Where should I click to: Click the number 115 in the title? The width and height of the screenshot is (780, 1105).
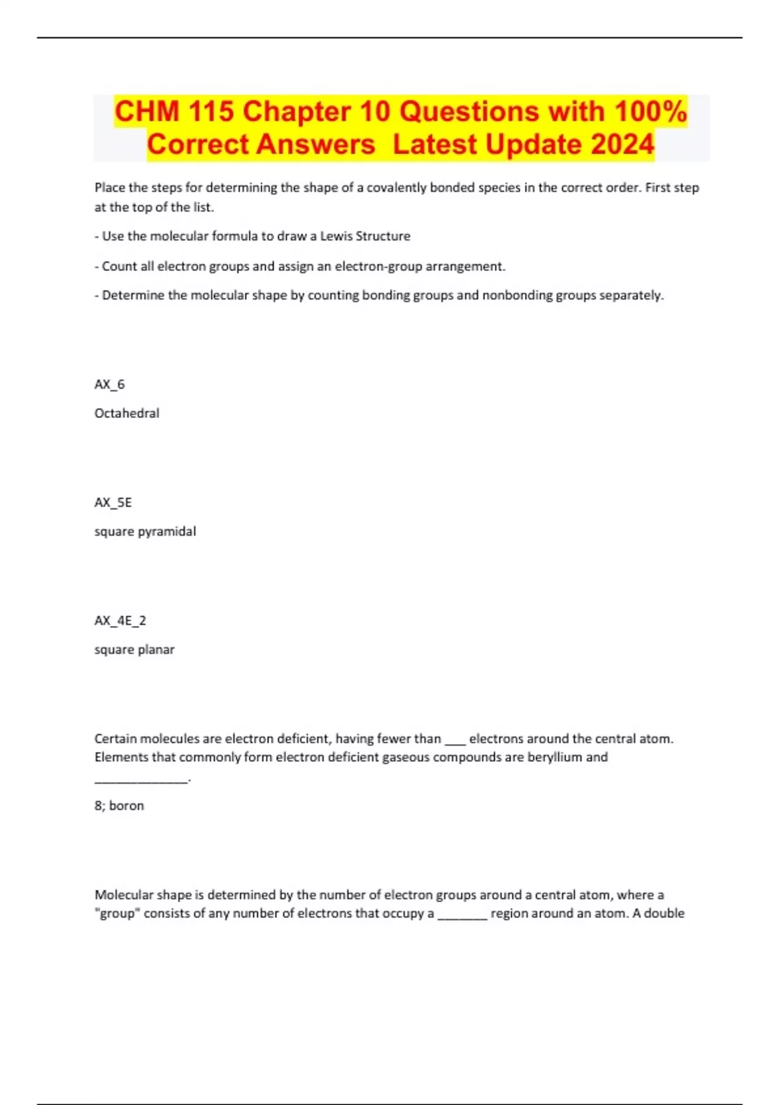[211, 111]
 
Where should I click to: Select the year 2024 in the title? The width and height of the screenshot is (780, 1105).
[622, 144]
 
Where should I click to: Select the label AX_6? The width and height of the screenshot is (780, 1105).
[109, 384]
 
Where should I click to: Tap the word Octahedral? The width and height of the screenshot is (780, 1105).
[127, 413]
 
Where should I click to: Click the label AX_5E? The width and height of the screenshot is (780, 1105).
[113, 502]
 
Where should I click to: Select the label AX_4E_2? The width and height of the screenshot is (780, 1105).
[120, 621]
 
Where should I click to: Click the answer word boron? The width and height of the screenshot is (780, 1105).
[127, 805]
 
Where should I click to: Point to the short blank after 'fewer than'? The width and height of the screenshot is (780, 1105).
[455, 741]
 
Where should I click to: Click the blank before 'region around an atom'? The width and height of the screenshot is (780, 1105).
[462, 916]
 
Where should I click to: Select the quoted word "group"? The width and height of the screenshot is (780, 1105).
[117, 913]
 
